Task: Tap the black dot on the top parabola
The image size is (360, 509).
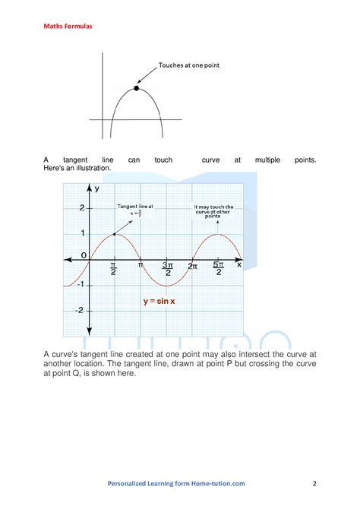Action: [137, 88]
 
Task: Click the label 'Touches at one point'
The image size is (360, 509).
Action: [188, 65]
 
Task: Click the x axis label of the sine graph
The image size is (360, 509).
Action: [238, 264]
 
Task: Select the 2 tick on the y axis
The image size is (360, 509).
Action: [81, 207]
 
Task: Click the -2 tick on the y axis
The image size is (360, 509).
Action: [80, 309]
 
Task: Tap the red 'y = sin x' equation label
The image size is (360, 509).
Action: [159, 301]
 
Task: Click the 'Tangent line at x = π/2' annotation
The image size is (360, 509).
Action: [134, 210]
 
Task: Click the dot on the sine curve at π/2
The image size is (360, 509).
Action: [114, 234]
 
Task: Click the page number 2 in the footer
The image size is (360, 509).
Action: [314, 482]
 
